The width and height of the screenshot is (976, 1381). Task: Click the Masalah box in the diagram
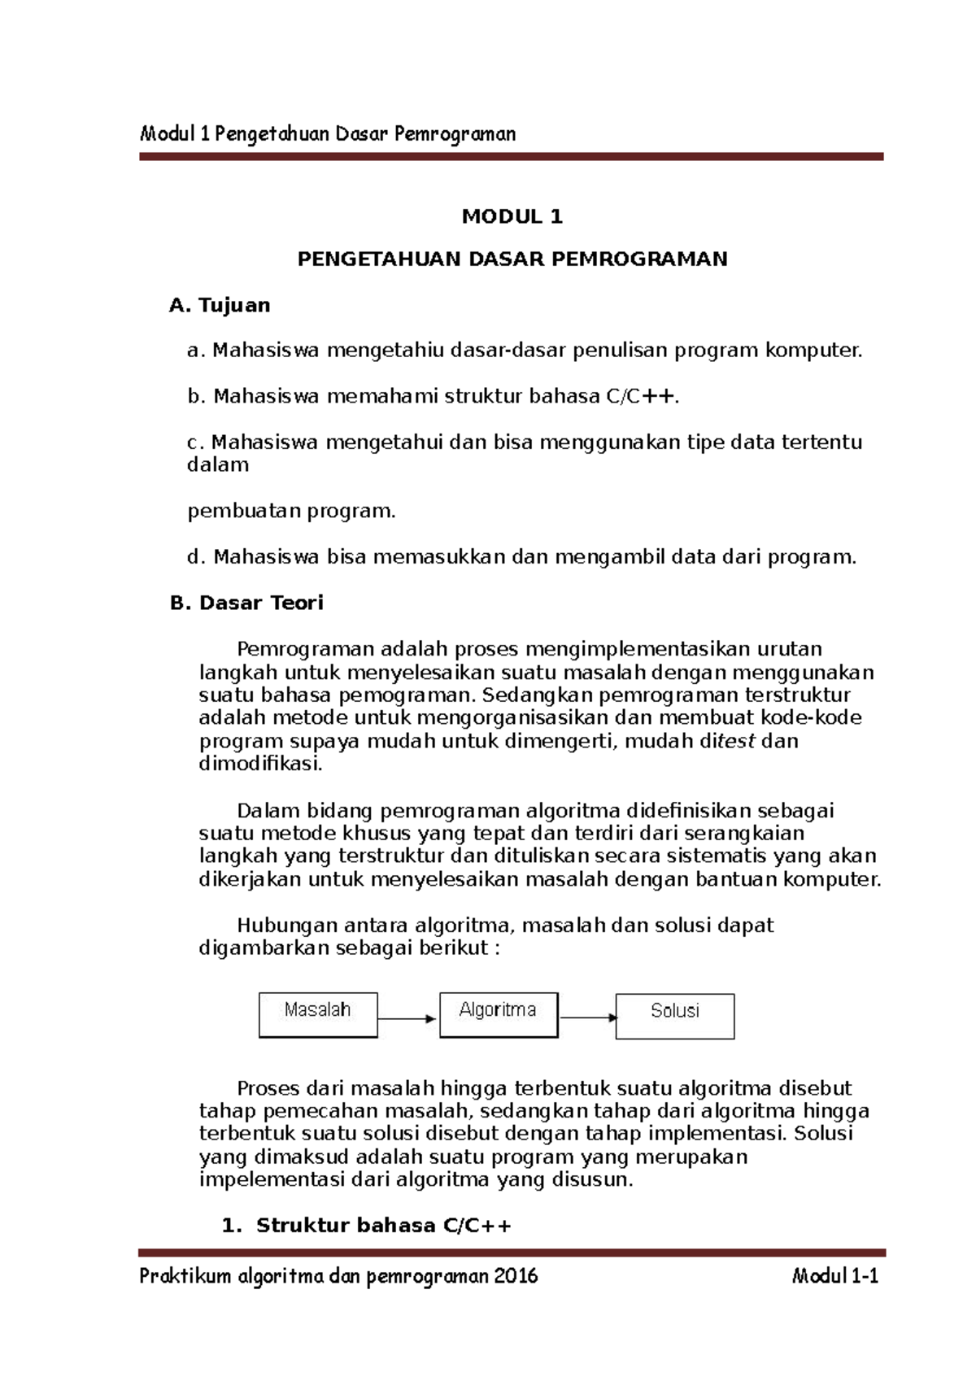(318, 1014)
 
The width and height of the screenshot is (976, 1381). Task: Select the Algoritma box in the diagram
(498, 1014)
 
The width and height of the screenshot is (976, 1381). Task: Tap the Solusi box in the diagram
(674, 1015)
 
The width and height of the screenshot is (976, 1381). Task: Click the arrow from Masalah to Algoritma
(407, 1018)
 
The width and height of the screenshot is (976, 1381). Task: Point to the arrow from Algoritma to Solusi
(587, 1017)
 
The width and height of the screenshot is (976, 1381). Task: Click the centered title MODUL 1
(512, 216)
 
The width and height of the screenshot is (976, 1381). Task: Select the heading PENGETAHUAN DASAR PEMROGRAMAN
(512, 259)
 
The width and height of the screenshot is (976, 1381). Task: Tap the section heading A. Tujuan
(220, 305)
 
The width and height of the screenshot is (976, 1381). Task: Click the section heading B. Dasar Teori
(246, 603)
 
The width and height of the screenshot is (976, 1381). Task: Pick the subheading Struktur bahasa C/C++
(383, 1226)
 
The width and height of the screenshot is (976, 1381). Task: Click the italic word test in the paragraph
(735, 741)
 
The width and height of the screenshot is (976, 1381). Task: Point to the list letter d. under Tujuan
(194, 557)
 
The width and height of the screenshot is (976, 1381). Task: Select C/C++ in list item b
(640, 397)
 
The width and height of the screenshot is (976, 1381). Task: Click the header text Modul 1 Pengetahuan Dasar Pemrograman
(328, 133)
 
